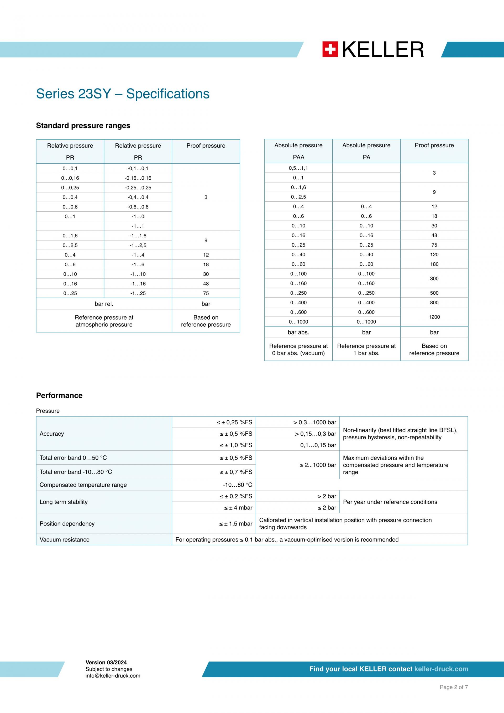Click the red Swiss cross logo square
click(x=330, y=50)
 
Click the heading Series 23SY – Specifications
click(x=123, y=94)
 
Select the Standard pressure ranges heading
click(x=83, y=126)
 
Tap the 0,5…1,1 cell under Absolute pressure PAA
click(x=298, y=168)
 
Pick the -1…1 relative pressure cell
click(x=138, y=226)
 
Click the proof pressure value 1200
click(x=434, y=317)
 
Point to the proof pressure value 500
click(x=434, y=293)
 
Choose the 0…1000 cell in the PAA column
click(x=298, y=322)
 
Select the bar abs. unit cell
click(x=298, y=332)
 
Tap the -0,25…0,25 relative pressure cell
click(x=138, y=188)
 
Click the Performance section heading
click(x=59, y=395)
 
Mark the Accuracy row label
click(x=52, y=434)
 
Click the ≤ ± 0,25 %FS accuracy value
click(x=234, y=422)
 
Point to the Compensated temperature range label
click(x=83, y=485)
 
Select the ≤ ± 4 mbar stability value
click(x=238, y=508)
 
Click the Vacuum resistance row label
click(x=65, y=539)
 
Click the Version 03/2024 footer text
click(x=106, y=662)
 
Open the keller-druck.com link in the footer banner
click(x=441, y=669)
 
